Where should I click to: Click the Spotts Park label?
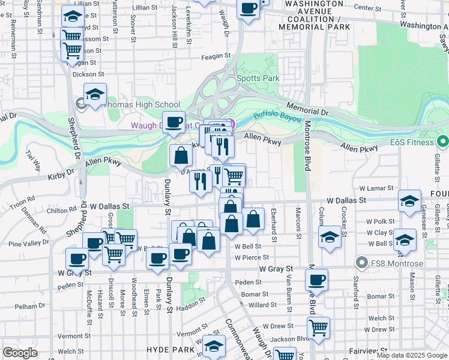pos(258,78)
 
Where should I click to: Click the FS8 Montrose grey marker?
pos(361,263)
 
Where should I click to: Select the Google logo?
pos(20,353)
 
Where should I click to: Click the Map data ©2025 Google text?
pos(412,355)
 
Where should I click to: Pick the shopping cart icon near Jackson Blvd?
pos(318,328)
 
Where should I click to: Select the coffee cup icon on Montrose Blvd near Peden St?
pos(316,279)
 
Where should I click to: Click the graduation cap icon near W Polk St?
pos(409,201)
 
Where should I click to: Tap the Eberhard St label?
pos(273,226)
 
